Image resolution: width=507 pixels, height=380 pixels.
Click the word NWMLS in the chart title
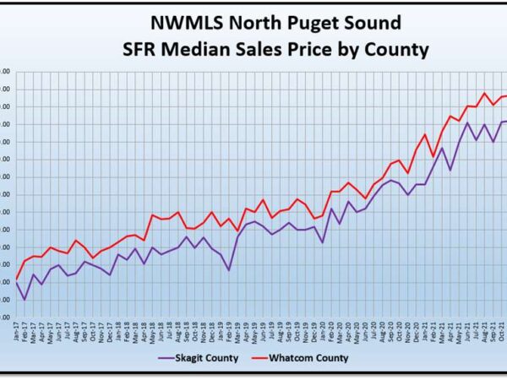click(x=174, y=23)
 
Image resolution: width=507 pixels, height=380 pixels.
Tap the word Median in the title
click(x=222, y=50)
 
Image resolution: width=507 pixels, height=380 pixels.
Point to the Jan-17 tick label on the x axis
click(x=17, y=331)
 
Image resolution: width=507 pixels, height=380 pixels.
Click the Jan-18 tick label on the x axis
click(x=118, y=331)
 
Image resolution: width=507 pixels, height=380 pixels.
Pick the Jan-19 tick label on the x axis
click(x=221, y=331)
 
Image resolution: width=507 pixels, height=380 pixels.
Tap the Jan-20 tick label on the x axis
click(x=323, y=331)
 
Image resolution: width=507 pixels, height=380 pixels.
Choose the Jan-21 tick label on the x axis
click(x=425, y=331)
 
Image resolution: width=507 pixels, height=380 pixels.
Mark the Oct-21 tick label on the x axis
click(x=501, y=331)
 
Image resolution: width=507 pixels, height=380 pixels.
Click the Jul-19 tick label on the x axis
click(x=272, y=331)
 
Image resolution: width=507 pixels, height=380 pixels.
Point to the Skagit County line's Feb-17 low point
click(x=25, y=300)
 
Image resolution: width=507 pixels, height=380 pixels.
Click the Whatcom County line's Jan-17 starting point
click(x=17, y=279)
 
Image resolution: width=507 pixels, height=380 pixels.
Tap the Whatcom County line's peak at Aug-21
click(x=484, y=93)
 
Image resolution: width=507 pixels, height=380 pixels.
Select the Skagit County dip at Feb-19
click(x=229, y=270)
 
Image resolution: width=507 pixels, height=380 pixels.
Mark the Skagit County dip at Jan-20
click(x=323, y=243)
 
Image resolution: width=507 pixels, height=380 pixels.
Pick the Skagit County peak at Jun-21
click(x=467, y=123)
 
